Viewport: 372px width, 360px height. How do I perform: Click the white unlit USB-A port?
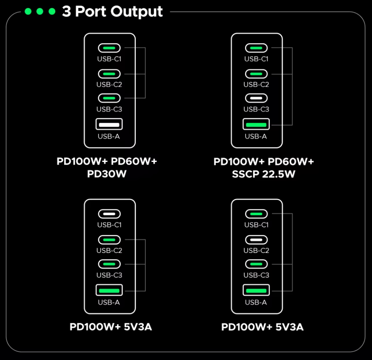point(109,124)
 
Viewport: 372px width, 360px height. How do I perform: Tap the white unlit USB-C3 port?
point(256,98)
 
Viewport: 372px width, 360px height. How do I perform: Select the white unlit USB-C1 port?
point(109,214)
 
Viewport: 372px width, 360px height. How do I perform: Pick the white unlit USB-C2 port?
point(256,240)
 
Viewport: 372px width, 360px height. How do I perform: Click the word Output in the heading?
point(138,12)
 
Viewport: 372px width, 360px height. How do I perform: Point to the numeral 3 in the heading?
point(66,12)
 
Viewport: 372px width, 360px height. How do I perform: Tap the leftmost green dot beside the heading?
point(28,11)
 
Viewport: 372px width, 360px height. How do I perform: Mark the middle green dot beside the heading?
point(40,11)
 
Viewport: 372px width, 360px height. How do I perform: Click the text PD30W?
point(107,174)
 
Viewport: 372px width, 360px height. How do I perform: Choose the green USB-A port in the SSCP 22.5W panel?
point(256,124)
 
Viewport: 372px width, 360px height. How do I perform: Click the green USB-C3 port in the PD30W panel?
point(109,98)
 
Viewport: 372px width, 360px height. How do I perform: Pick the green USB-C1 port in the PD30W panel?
point(109,48)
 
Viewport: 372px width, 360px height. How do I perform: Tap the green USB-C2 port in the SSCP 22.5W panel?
point(256,74)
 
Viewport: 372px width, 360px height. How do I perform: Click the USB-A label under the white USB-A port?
point(109,136)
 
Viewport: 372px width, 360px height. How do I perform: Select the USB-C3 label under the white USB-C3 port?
point(256,109)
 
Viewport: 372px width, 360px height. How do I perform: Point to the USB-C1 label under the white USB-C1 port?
point(109,225)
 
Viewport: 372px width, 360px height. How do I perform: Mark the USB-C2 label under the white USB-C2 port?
point(256,251)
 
